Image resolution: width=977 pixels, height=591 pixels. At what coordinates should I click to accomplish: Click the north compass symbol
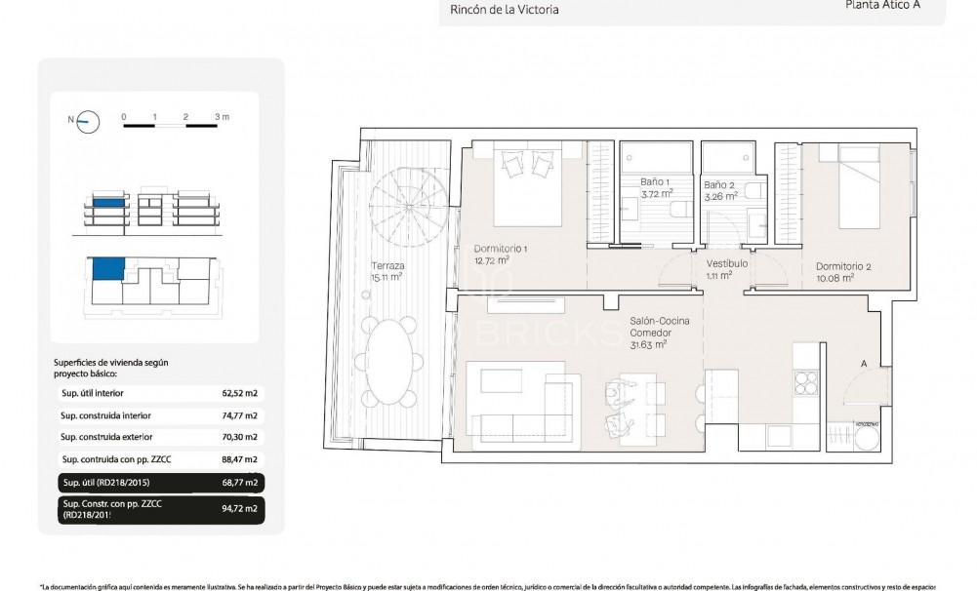pyautogui.click(x=89, y=121)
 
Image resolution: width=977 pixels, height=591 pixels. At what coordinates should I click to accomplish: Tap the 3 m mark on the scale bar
pyautogui.click(x=222, y=117)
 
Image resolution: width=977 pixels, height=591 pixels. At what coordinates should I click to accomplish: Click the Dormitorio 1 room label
pyautogui.click(x=500, y=254)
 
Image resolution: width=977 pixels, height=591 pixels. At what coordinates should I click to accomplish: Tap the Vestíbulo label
pyautogui.click(x=727, y=264)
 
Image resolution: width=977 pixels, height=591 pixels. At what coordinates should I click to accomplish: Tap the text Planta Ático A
pyautogui.click(x=881, y=5)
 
